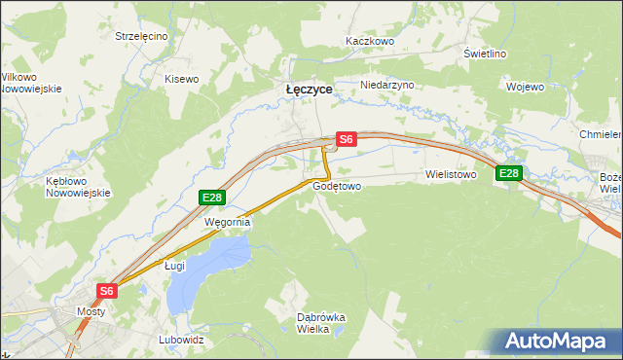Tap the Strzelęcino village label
141,36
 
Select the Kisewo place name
181,79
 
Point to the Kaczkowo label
369,42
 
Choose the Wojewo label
525,87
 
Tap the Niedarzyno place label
387,85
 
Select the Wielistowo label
450,175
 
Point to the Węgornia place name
227,222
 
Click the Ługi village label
174,265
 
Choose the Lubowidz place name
181,341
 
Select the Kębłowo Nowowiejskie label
74,187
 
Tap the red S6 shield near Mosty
107,290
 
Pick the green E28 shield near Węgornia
212,198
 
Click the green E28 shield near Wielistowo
509,174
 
